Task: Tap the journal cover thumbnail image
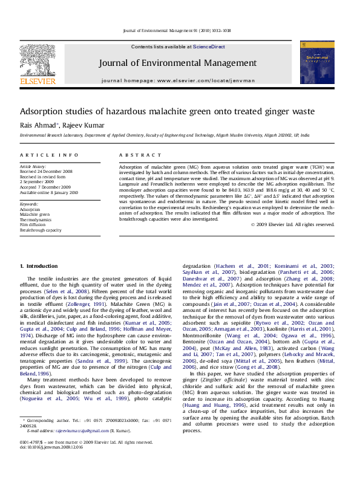[317, 62]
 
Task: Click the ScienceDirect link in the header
[209, 47]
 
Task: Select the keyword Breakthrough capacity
[41, 230]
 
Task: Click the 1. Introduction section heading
[39, 266]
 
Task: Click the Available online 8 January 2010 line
[49, 192]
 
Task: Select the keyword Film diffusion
[34, 225]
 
